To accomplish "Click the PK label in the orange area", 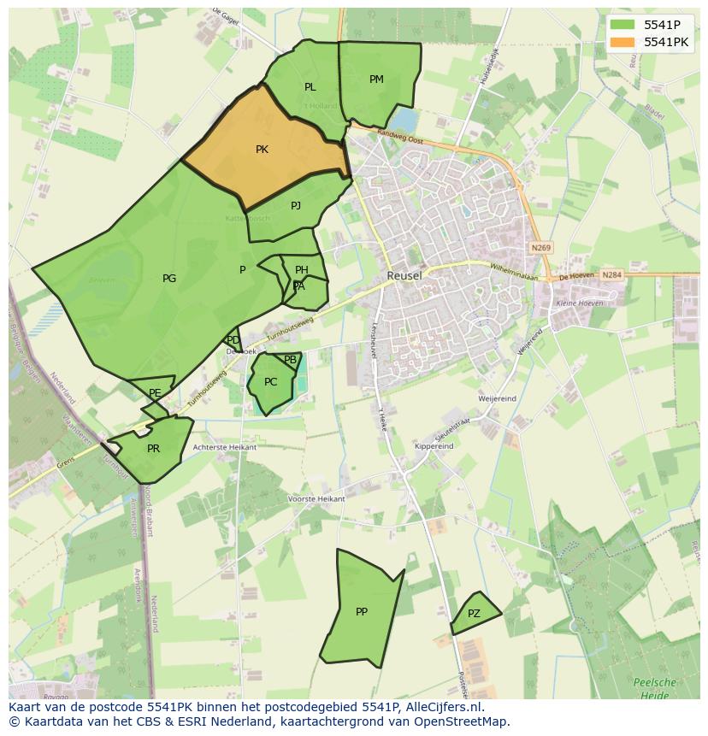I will [x=262, y=150].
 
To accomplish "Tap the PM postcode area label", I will [x=376, y=79].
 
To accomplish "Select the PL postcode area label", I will [x=310, y=87].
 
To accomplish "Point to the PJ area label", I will [x=296, y=205].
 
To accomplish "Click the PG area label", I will [x=169, y=278].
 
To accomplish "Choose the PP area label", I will [x=362, y=611].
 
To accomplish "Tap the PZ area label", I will [x=474, y=614].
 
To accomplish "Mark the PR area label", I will [x=153, y=448].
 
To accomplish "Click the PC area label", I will [x=270, y=382].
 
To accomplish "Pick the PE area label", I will [x=155, y=393].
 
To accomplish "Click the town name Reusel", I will [x=404, y=276].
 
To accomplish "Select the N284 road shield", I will [x=611, y=275].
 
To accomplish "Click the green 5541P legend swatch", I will [x=623, y=25].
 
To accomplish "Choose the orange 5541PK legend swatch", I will [x=623, y=42].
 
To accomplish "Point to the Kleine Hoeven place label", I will [x=580, y=303].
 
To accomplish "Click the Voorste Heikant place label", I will [x=317, y=498].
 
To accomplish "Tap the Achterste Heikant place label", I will [x=225, y=447].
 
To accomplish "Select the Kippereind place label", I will [x=434, y=446].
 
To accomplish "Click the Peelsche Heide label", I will [x=654, y=689].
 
